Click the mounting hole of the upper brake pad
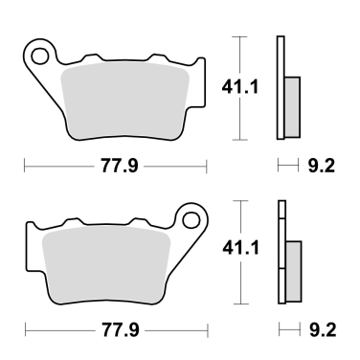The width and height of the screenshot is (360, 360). [40, 56]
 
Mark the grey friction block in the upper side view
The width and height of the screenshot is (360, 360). [292, 105]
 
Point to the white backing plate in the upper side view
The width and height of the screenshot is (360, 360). [281, 57]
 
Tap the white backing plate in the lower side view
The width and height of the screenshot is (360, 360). [281, 220]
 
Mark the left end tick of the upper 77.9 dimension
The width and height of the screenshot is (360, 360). [25, 167]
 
